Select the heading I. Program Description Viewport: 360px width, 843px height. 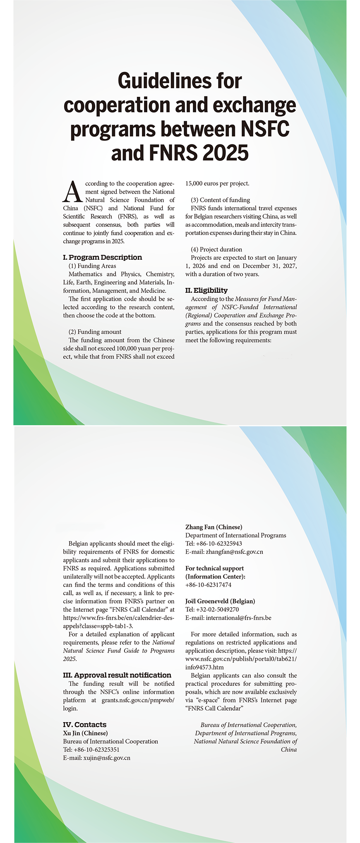(102, 257)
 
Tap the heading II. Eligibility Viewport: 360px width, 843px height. (206, 290)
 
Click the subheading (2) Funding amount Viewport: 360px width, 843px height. (95, 332)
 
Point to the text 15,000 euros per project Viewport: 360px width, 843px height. (217, 183)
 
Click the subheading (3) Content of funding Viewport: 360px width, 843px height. (220, 200)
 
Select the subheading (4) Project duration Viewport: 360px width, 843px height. (216, 249)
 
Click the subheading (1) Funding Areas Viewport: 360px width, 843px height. (92, 266)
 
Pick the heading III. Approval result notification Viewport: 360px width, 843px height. (117, 675)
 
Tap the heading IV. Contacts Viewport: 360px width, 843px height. (85, 725)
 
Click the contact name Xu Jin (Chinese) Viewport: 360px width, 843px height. (85, 733)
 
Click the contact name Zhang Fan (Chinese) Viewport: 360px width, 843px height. (214, 527)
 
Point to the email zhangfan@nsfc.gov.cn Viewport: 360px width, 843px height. (234, 552)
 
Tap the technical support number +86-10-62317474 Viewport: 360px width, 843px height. (208, 585)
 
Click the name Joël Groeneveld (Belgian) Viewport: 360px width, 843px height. (220, 601)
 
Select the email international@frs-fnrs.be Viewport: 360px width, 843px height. (238, 618)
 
